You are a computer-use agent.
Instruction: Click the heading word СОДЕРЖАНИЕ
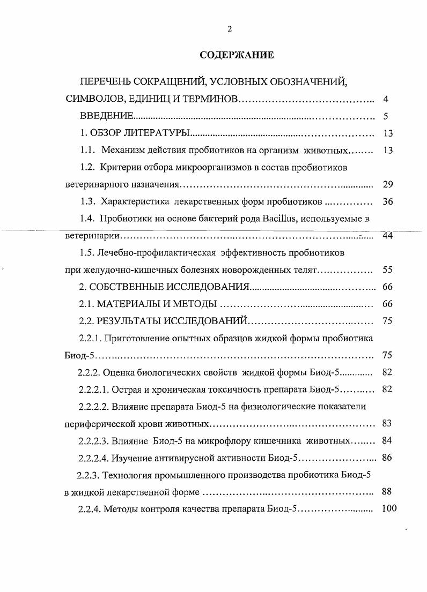[x=237, y=55]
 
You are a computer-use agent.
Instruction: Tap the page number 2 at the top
[x=230, y=29]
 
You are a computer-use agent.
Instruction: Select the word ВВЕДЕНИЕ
[x=106, y=116]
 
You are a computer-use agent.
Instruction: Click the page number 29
[x=388, y=185]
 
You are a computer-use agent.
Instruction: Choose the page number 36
[x=388, y=202]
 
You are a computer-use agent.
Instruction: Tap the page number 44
[x=388, y=236]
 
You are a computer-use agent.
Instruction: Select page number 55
[x=388, y=270]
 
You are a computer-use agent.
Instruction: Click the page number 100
[x=388, y=509]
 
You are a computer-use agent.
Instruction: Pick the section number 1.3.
[x=87, y=202]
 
